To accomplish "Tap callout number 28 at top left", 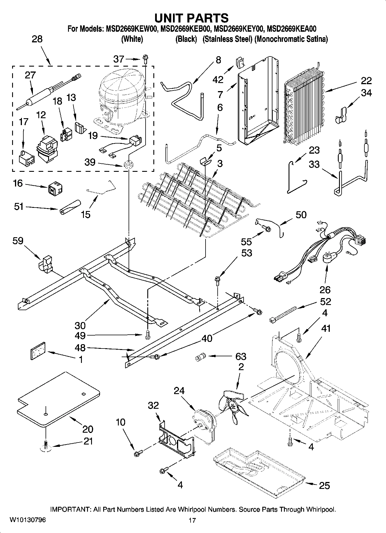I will pos(37,39).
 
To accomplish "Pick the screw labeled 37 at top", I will pos(145,59).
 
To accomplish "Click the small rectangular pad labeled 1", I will pos(38,351).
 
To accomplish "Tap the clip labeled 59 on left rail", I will pos(46,263).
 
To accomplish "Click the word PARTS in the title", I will pos(208,18).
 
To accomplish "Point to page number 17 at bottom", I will pos(192,520).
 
